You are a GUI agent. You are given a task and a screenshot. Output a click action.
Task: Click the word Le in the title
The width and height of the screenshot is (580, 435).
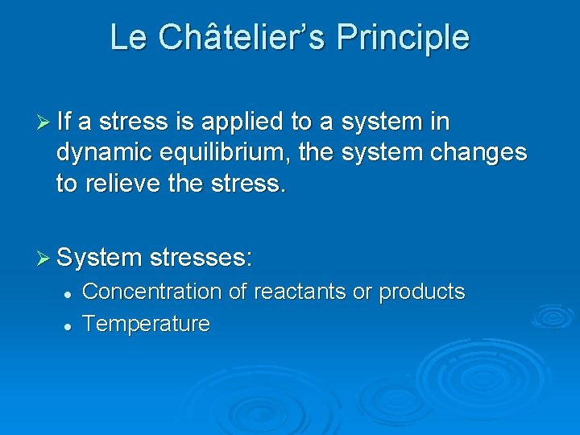(127, 38)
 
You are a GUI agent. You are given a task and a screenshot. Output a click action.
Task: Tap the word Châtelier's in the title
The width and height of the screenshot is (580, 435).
(241, 38)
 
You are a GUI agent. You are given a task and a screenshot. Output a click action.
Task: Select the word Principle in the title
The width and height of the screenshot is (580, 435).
(403, 38)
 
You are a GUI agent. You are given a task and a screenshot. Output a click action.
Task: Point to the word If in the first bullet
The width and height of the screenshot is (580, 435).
(64, 122)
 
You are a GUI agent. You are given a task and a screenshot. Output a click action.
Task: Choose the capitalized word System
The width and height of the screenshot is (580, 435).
(99, 259)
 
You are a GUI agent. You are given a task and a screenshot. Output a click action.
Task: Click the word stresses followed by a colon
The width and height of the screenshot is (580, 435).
(201, 259)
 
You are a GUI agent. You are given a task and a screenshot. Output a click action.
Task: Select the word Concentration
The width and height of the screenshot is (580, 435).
(151, 291)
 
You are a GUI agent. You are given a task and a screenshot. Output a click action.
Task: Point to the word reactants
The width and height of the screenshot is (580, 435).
(298, 291)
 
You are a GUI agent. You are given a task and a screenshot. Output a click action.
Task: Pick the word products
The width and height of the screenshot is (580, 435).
(422, 292)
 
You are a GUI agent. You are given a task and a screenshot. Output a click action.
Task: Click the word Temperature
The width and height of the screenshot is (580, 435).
(146, 324)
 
